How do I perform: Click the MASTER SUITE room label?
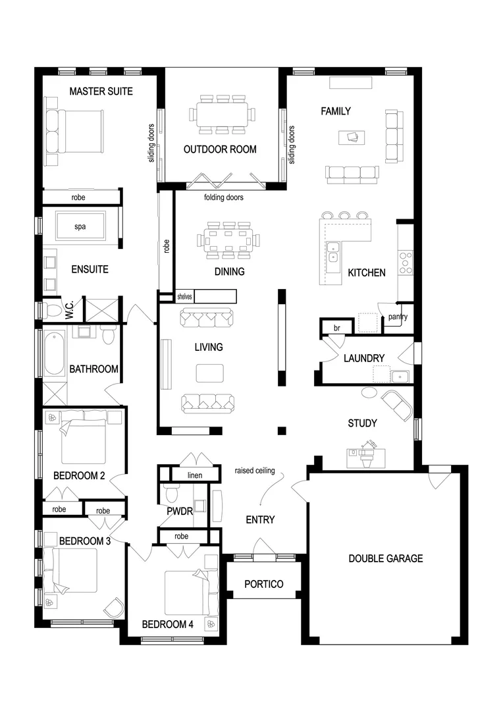point(101,92)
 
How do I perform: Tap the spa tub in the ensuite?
point(80,227)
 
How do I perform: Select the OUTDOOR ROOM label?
point(220,149)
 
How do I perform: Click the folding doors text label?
point(224,197)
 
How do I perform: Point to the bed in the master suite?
point(74,131)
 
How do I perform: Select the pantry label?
point(398,317)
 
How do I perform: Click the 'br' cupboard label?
point(336,327)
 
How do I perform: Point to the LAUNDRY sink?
point(399,376)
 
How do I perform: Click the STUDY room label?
point(362,423)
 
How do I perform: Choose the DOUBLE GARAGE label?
point(386,558)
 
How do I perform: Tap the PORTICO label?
point(263,584)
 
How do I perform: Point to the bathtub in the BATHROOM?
point(53,354)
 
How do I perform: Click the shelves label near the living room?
point(184,297)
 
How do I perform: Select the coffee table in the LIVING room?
point(209,373)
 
